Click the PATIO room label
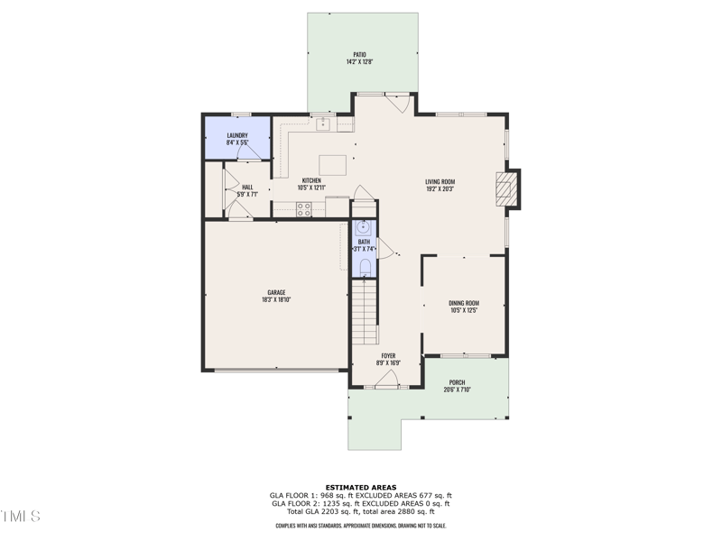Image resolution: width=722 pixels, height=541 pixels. [x=359, y=54]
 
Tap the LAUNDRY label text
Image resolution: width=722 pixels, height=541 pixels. [x=237, y=135]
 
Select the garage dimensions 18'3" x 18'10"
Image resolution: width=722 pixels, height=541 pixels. [x=276, y=299]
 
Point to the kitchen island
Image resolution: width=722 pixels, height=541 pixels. [x=332, y=165]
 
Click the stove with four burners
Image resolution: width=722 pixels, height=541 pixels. [x=305, y=208]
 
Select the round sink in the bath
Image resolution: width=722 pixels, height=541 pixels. [x=364, y=227]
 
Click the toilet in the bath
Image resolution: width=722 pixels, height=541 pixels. [x=364, y=265]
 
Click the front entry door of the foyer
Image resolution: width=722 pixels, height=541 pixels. [x=386, y=385]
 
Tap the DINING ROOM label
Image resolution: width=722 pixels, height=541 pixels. [x=464, y=303]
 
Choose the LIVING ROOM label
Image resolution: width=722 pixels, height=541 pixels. [x=440, y=182]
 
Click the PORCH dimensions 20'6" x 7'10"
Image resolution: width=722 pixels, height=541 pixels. [x=458, y=390]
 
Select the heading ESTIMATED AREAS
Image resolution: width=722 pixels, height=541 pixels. [x=360, y=487]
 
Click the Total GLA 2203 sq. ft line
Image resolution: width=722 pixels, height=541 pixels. [x=360, y=510]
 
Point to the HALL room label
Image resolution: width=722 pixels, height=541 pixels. [x=247, y=187]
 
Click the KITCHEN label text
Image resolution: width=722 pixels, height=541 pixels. [x=311, y=180]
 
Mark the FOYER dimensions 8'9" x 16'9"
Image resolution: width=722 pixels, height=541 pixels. [x=388, y=362]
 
